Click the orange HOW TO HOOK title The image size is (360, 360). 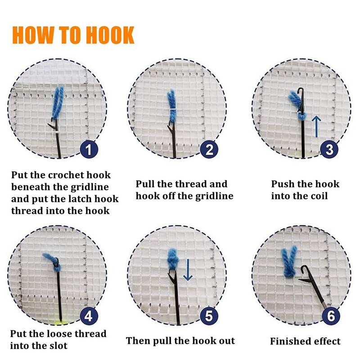pos(73,35)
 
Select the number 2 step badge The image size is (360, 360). pos(209,149)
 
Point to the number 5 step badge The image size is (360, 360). pos(209,316)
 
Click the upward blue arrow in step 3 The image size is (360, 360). pos(316,126)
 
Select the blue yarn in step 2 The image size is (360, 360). pos(171,104)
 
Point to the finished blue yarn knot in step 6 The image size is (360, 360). pos(288,261)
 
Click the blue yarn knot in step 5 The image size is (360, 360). pos(173,259)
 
